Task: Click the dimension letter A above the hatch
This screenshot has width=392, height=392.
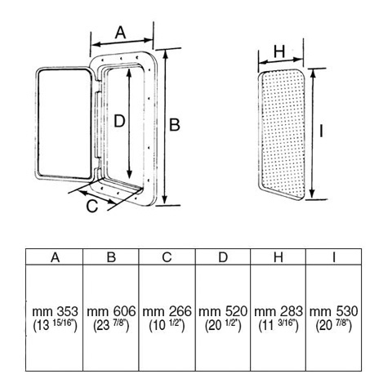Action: pos(121,33)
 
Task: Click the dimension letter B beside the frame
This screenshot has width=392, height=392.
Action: pos(175,125)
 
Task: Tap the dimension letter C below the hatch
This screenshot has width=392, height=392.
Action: pos(92,207)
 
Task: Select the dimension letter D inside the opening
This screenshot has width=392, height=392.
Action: pos(119,121)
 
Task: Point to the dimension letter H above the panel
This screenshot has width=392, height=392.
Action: pos(279,51)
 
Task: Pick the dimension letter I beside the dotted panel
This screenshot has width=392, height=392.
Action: pos(322,131)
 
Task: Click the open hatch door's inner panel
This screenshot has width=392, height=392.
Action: pos(65,123)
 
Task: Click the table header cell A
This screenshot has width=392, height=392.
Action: pos(55,256)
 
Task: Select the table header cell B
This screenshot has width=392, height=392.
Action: pos(111,256)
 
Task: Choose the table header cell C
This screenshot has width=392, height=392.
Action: pos(167,256)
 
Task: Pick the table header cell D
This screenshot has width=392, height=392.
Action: pos(223,256)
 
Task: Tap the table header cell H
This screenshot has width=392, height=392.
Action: pos(278,256)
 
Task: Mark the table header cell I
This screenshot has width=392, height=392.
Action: pos(334,256)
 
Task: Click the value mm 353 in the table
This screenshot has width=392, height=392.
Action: pos(55,311)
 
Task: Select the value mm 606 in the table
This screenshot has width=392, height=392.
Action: pos(111,311)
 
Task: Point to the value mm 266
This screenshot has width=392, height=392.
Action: pos(167,311)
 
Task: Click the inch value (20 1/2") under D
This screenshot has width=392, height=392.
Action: pos(223,325)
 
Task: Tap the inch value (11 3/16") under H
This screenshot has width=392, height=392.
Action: pos(278,325)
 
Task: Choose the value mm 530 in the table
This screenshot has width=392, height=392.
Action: pos(334,311)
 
